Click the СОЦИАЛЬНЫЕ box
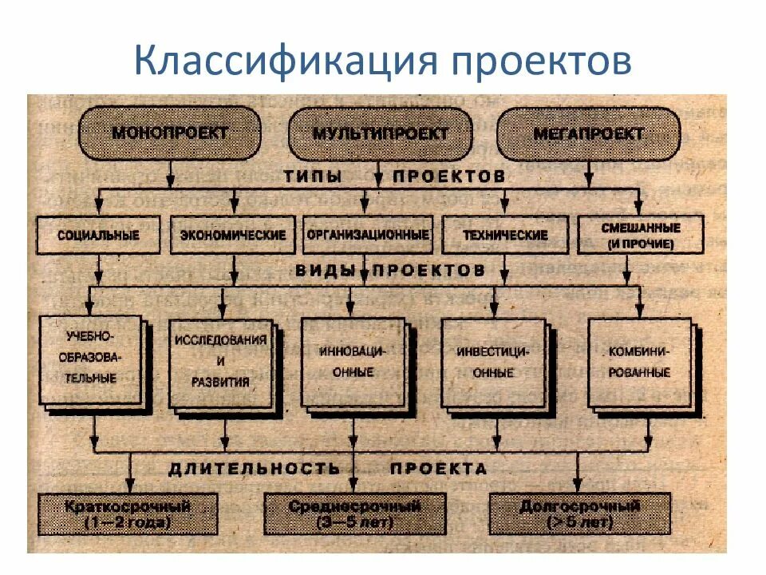click(99, 235)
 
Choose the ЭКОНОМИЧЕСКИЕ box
click(233, 235)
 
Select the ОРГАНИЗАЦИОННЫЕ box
click(367, 235)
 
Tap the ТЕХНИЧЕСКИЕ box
click(505, 235)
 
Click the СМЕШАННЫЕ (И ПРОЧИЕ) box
click(640, 234)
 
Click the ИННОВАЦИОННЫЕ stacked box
click(354, 361)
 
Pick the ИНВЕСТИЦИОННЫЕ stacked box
click(492, 361)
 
